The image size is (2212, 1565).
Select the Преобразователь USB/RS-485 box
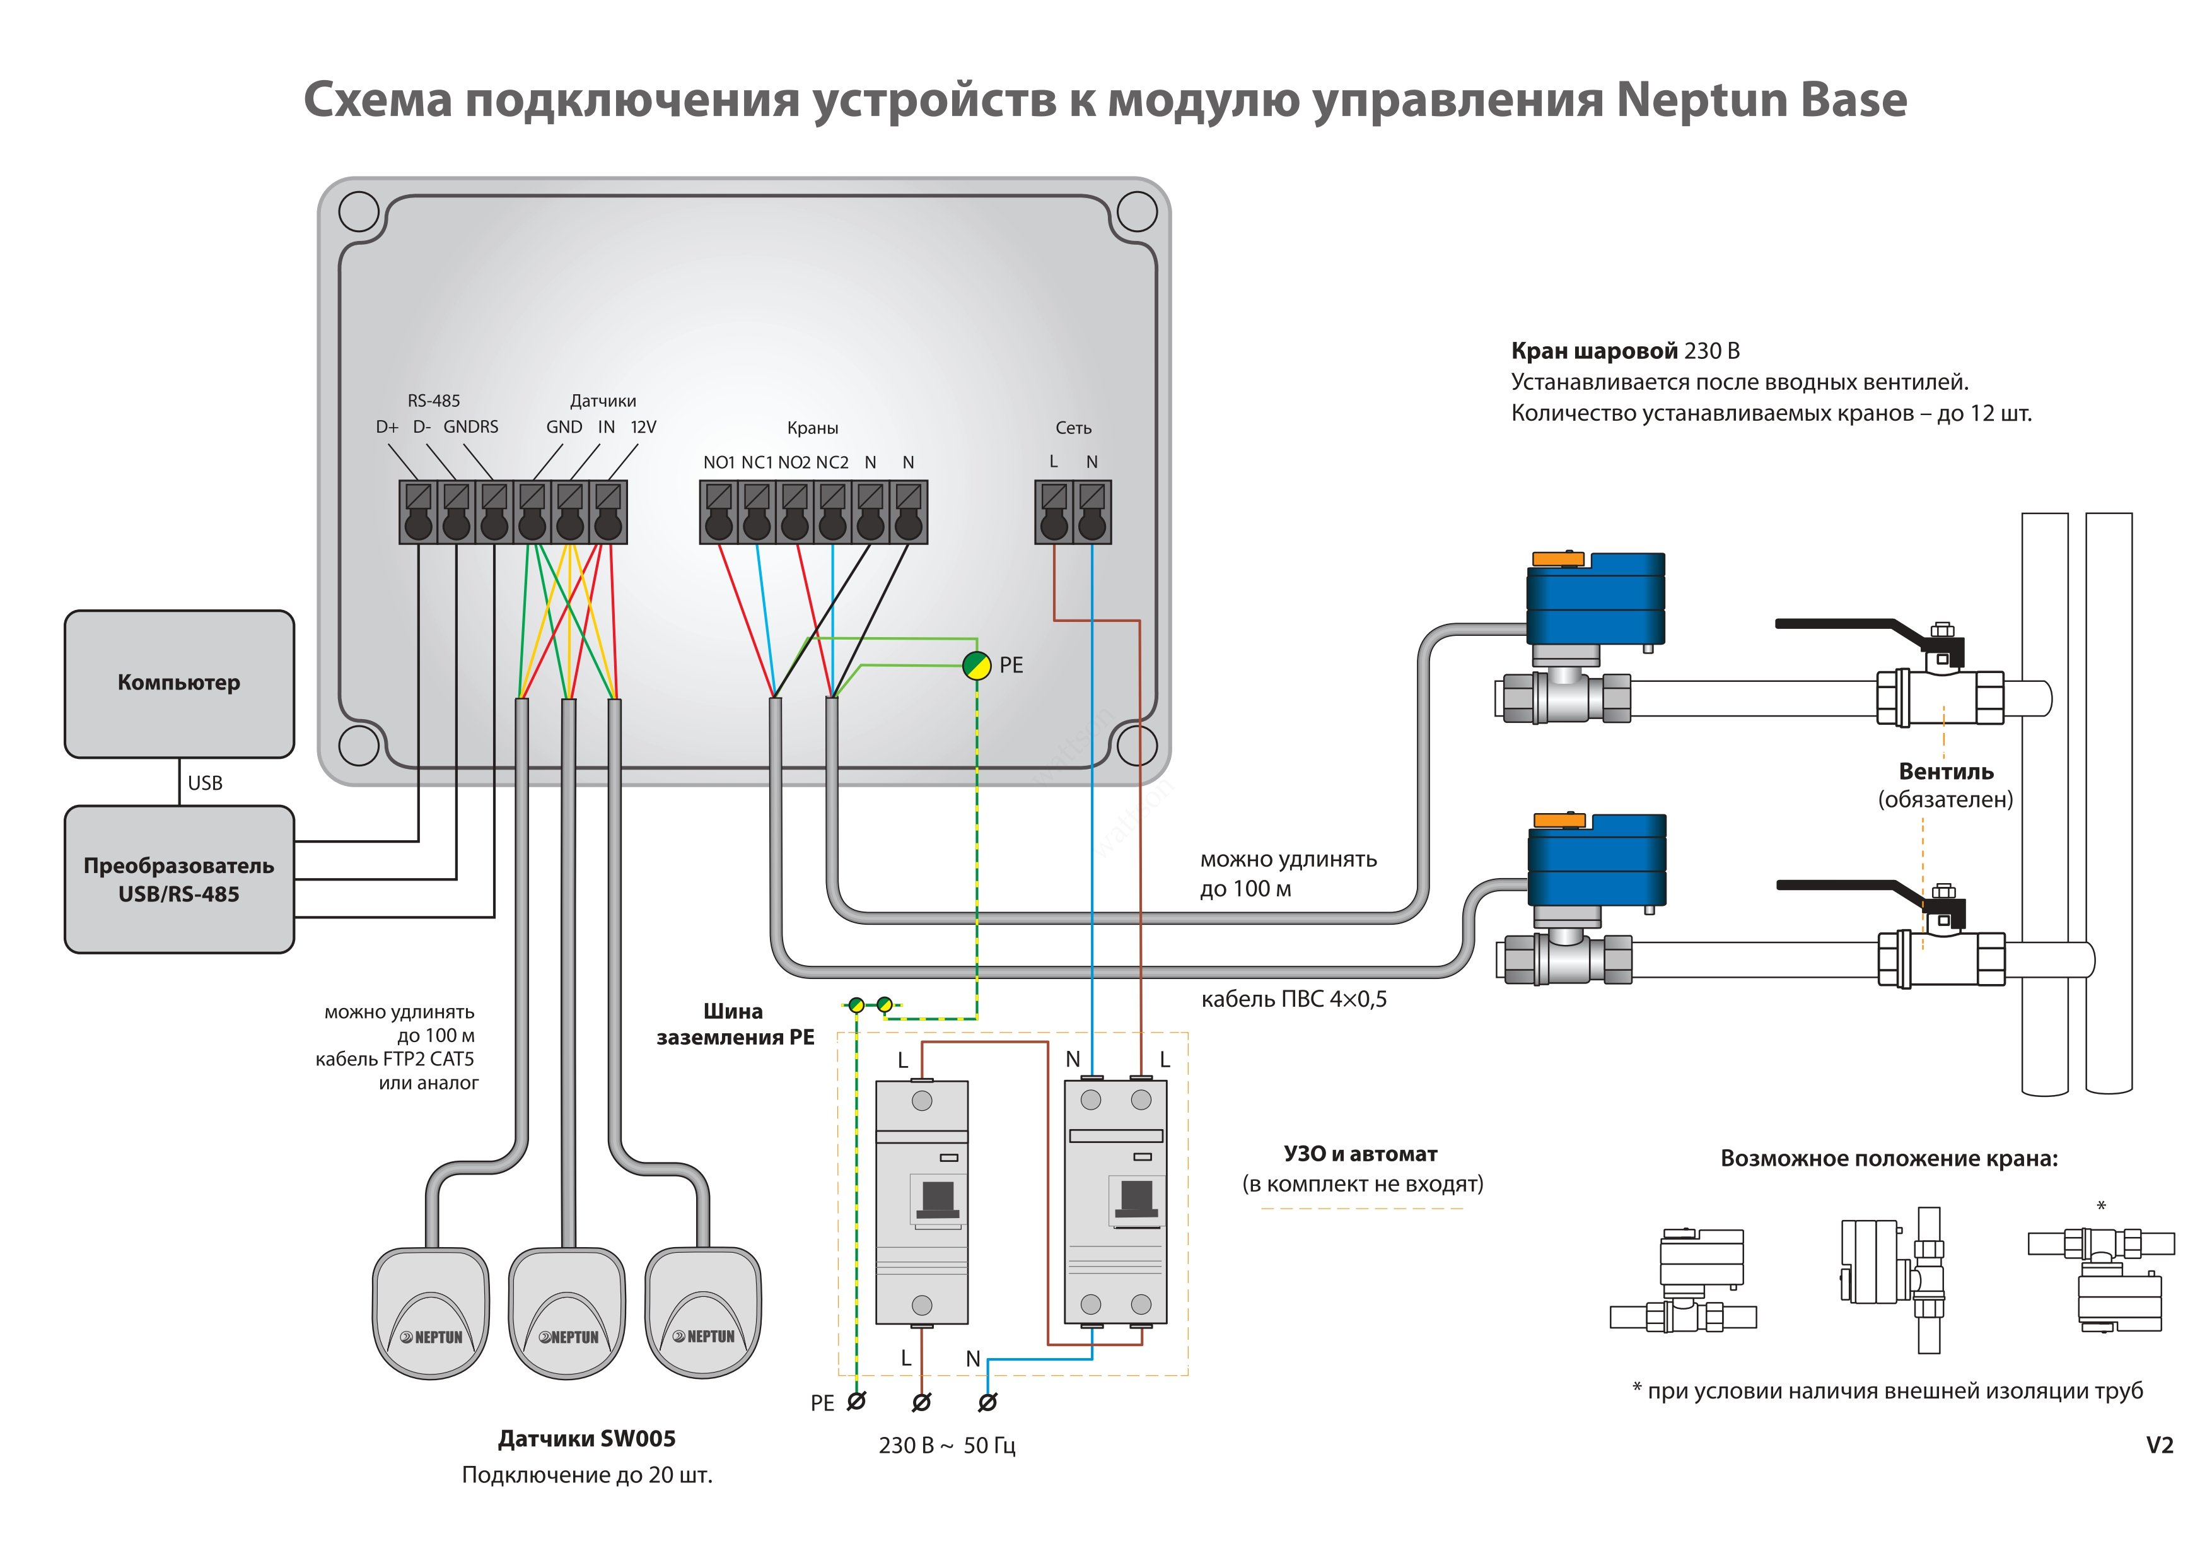pyautogui.click(x=179, y=879)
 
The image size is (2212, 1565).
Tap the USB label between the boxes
pyautogui.click(x=205, y=782)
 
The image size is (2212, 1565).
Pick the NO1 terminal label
pyautogui.click(x=719, y=462)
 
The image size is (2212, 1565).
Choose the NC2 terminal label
pyautogui.click(x=832, y=462)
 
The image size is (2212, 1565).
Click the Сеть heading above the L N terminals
pyautogui.click(x=1073, y=428)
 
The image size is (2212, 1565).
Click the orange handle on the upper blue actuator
pyautogui.click(x=1558, y=559)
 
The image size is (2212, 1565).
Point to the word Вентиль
pyautogui.click(x=1946, y=772)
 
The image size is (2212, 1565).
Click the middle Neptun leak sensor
pyautogui.click(x=568, y=1313)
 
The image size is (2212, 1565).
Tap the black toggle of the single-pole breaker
pyautogui.click(x=938, y=1198)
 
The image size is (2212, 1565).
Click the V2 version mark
pyautogui.click(x=2159, y=1446)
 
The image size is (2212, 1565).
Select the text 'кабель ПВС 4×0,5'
pyautogui.click(x=1294, y=999)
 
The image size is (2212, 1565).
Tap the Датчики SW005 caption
pyautogui.click(x=586, y=1439)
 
